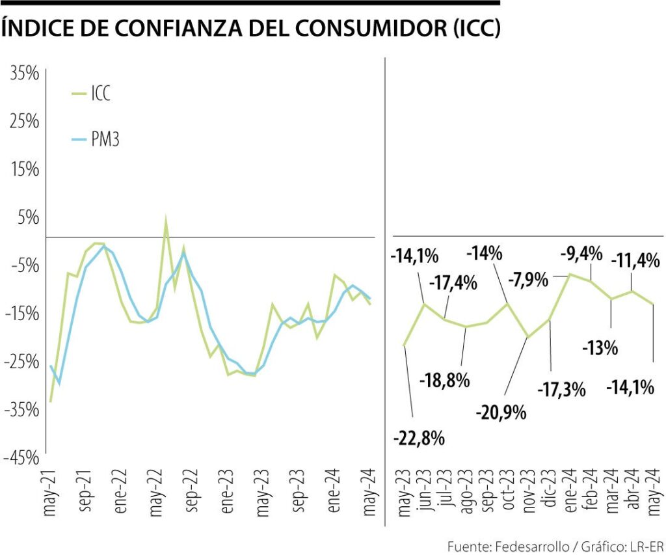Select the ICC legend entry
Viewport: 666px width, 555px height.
(100, 94)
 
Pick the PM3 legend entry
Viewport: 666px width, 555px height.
(105, 140)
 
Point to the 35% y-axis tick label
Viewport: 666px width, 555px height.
(25, 74)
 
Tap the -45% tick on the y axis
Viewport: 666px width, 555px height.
(22, 458)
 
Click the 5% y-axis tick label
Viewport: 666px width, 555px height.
(29, 217)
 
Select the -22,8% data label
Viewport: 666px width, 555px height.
(419, 438)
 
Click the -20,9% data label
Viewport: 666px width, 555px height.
(500, 412)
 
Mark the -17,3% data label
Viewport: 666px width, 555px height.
(561, 390)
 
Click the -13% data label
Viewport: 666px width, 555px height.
(599, 349)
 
